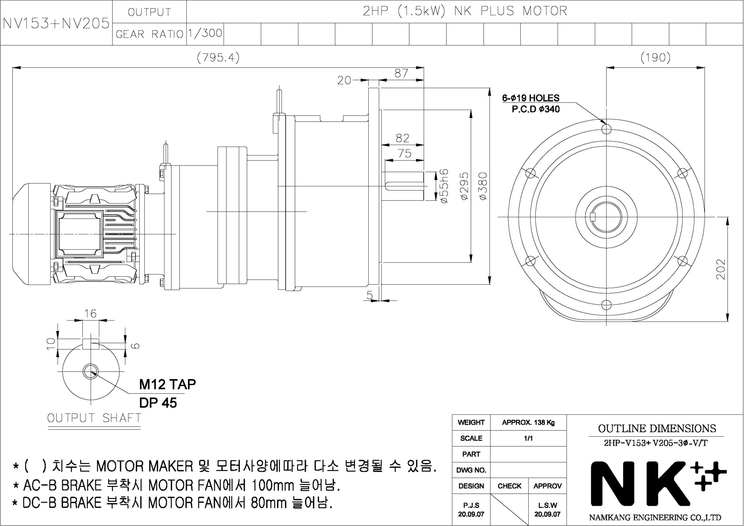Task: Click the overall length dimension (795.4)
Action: point(218,58)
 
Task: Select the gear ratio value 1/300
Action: point(205,33)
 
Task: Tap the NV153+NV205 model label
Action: point(56,23)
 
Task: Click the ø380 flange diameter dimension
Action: point(483,186)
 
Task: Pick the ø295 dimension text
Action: point(464,186)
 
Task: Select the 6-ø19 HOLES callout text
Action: point(530,98)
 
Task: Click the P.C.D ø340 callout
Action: point(536,109)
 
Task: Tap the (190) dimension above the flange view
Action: point(655,58)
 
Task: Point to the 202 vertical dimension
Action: point(721,269)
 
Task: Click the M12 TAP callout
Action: point(167,384)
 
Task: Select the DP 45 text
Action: point(158,403)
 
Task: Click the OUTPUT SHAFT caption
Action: point(94,418)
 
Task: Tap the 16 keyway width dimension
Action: point(90,314)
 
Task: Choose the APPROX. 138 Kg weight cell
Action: point(528,423)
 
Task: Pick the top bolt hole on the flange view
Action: point(606,129)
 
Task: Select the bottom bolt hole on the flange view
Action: point(606,305)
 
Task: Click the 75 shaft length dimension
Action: point(404,153)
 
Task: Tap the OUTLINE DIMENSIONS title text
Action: point(657,429)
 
